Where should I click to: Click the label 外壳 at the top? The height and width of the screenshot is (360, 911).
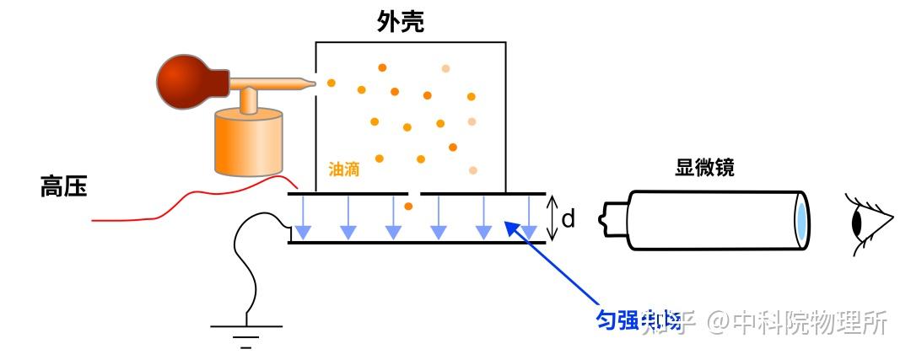tap(401, 22)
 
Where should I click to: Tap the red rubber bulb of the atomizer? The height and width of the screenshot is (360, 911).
tap(186, 82)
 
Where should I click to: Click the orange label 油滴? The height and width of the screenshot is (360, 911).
tap(344, 169)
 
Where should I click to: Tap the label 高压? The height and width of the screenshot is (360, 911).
tap(63, 187)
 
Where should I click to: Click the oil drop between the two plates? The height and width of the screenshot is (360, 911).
tap(408, 206)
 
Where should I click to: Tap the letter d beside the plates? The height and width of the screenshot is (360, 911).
tap(569, 219)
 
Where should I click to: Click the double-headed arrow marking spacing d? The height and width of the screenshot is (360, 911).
tap(552, 218)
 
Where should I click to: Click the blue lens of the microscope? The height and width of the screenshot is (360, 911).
tap(801, 220)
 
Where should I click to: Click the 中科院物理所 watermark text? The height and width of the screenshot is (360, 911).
tap(810, 321)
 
